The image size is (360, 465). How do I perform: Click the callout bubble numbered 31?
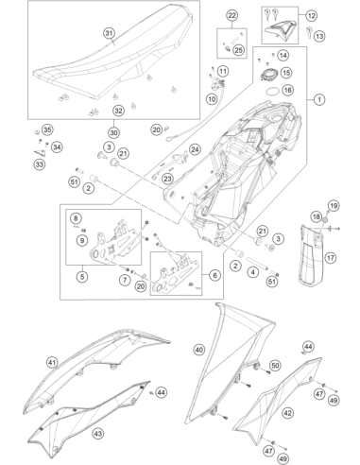[x=109, y=33]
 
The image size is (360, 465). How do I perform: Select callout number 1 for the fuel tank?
[x=319, y=99]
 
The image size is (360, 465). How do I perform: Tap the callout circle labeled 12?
[x=311, y=15]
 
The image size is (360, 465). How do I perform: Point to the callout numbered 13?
[x=319, y=36]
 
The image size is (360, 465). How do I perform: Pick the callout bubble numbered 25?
[x=239, y=50]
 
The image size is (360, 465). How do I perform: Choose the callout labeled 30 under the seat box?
[x=114, y=132]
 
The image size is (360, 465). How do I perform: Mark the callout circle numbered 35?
[x=47, y=129]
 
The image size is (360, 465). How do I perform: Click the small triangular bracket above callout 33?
[x=40, y=152]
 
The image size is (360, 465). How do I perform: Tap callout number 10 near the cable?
[x=212, y=99]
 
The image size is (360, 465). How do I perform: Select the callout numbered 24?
[x=196, y=149]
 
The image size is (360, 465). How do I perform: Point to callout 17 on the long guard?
[x=330, y=258]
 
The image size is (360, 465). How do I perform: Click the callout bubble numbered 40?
[x=199, y=350]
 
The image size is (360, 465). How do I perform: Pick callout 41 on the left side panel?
[x=52, y=363]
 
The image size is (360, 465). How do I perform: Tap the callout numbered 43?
[x=98, y=434]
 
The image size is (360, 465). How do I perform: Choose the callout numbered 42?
[x=287, y=413]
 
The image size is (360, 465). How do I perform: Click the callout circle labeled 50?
[x=275, y=366]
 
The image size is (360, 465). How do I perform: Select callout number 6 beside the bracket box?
[x=214, y=275]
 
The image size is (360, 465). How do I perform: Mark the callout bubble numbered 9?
[x=82, y=241]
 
